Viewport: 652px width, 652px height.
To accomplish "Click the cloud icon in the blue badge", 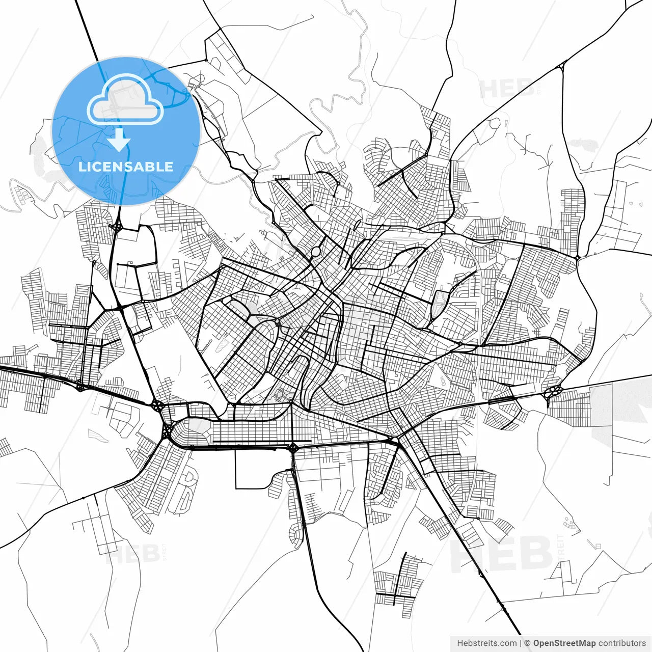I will pyautogui.click(x=125, y=100).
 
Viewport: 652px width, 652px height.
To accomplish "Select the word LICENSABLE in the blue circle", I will pyautogui.click(x=126, y=167).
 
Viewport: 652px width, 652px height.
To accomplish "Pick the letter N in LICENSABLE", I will pyautogui.click(x=127, y=167).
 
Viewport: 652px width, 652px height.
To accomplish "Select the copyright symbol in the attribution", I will pyautogui.click(x=527, y=643).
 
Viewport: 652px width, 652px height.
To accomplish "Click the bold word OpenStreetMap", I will pyautogui.click(x=564, y=643).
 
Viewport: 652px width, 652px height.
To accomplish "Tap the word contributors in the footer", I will pyautogui.click(x=622, y=643).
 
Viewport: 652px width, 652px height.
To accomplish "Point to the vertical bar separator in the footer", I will pyautogui.click(x=521, y=643).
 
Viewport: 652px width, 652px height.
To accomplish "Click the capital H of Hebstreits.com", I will pyautogui.click(x=460, y=643).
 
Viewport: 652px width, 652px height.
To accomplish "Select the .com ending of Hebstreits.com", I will pyautogui.click(x=507, y=643).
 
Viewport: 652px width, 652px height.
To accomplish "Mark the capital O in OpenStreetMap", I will pyautogui.click(x=537, y=643).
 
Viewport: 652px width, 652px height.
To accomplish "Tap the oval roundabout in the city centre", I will pyautogui.click(x=315, y=252).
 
